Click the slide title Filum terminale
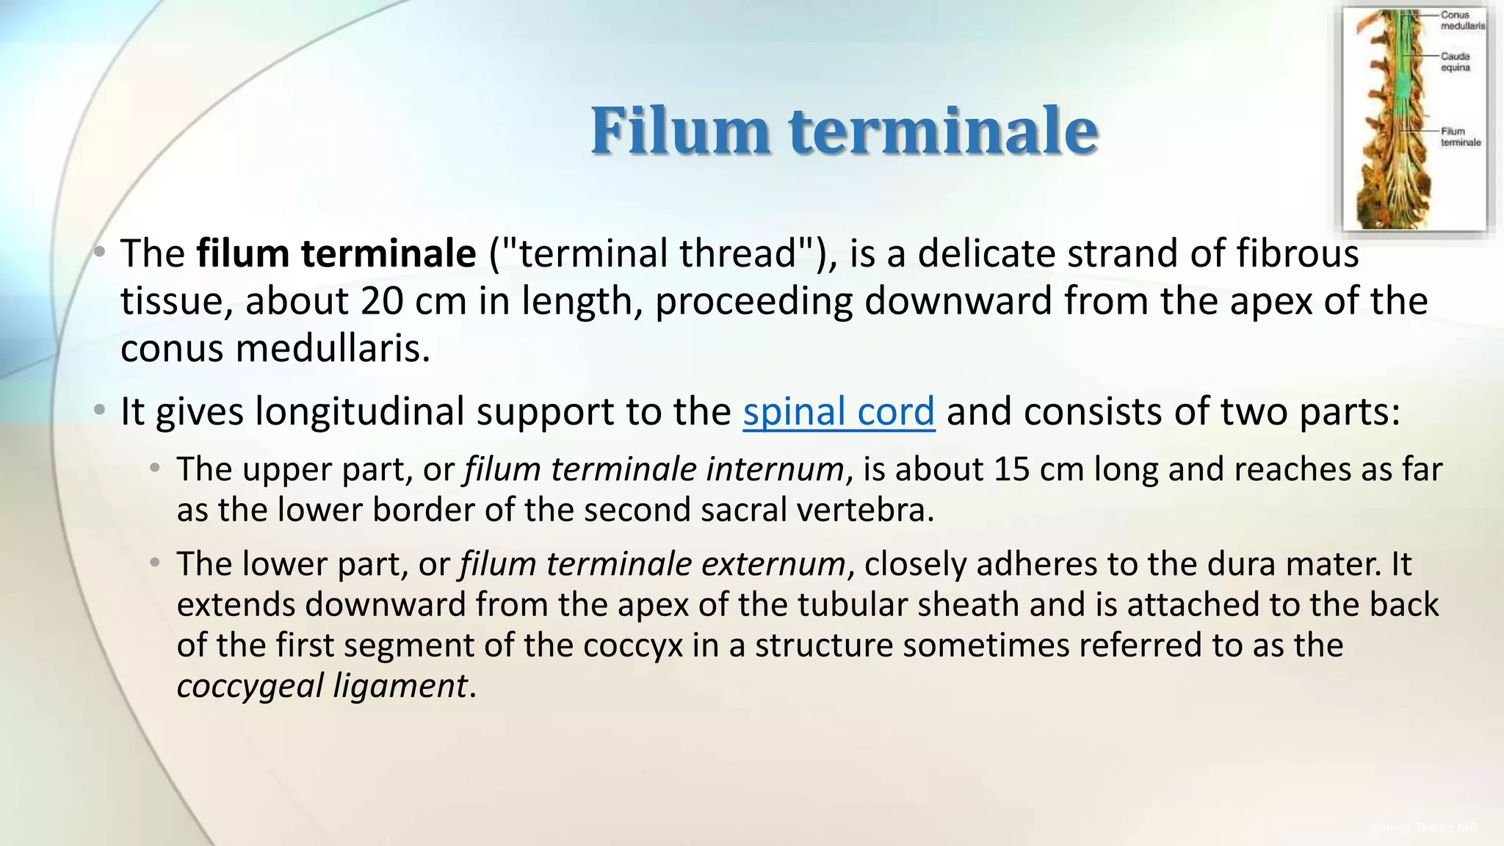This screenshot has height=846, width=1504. (x=844, y=130)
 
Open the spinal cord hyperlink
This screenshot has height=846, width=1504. (x=839, y=411)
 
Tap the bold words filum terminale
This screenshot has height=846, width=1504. (x=336, y=253)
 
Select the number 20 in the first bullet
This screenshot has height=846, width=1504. (x=382, y=301)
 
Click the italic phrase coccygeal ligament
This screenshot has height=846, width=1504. (x=322, y=686)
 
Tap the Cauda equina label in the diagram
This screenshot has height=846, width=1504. (x=1456, y=62)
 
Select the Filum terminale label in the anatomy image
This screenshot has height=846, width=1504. (x=1460, y=137)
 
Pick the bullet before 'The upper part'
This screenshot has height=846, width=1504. (x=155, y=469)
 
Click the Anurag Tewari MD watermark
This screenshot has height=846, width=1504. (x=1424, y=828)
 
